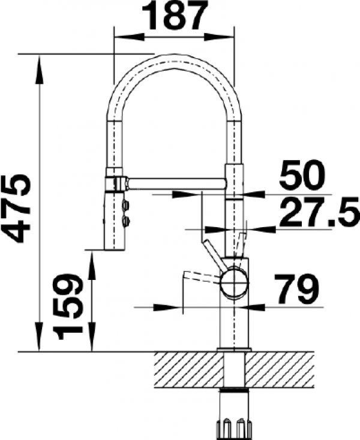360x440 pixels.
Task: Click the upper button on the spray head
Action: pyautogui.click(x=125, y=206)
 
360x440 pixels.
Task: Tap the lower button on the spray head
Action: pyautogui.click(x=125, y=221)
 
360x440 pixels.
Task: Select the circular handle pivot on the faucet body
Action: pyautogui.click(x=234, y=282)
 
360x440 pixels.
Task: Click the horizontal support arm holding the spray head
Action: pyautogui.click(x=176, y=184)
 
